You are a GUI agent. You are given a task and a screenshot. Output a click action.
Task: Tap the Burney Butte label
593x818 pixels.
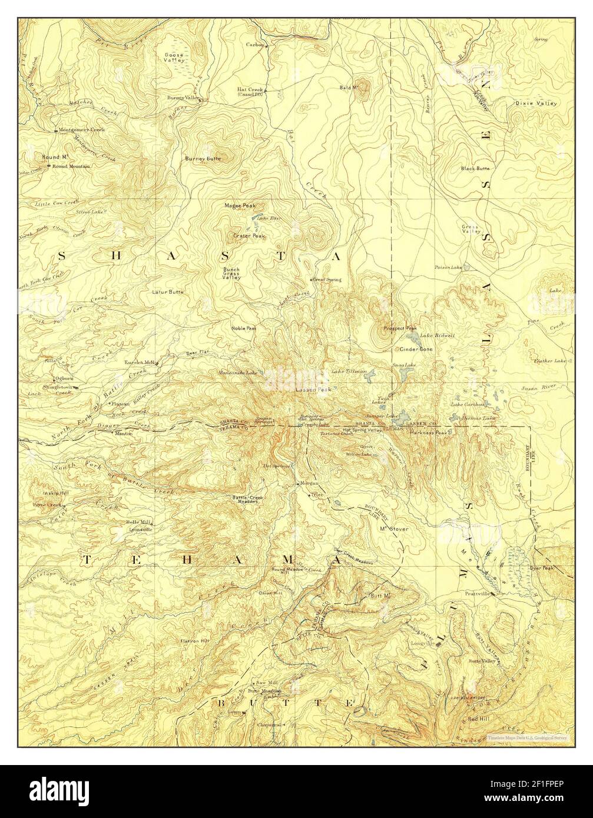pyautogui.click(x=203, y=158)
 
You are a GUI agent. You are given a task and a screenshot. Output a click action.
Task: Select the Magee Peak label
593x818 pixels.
pyautogui.click(x=240, y=206)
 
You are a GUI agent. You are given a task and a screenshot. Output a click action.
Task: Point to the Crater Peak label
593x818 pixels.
pyautogui.click(x=249, y=236)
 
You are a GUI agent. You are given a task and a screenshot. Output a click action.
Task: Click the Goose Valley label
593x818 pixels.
pyautogui.click(x=174, y=57)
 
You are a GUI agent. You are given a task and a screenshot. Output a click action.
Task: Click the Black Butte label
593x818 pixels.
pyautogui.click(x=475, y=168)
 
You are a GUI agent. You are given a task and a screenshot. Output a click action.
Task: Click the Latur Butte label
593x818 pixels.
pyautogui.click(x=168, y=292)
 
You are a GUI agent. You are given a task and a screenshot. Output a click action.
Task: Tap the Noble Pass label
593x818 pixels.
pyautogui.click(x=243, y=328)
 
